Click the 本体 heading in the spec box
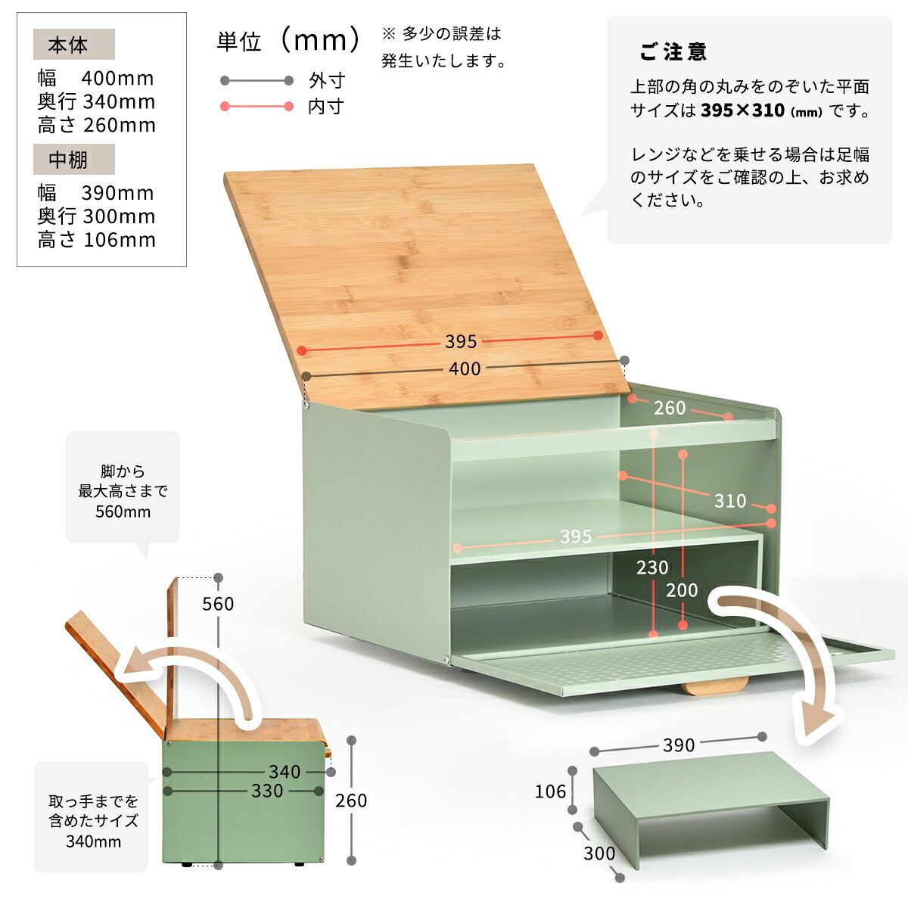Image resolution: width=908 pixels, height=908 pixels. tap(68, 45)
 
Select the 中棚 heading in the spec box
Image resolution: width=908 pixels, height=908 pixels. tap(68, 160)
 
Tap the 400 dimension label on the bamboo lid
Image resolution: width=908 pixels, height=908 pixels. tap(464, 368)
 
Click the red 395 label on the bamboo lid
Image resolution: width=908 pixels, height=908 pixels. tap(461, 341)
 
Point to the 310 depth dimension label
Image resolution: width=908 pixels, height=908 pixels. tap(730, 500)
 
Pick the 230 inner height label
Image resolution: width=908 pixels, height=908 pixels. tap(652, 567)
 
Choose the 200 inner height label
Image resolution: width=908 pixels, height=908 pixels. tap(681, 590)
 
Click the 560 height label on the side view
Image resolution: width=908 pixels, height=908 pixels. tap(218, 604)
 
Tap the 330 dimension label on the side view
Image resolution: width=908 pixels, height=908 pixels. tap(266, 791)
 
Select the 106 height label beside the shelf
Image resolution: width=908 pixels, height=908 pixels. tap(550, 791)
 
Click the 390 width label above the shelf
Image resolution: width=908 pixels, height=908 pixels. tap(679, 745)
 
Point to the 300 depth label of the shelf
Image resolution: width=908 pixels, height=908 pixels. tap(599, 854)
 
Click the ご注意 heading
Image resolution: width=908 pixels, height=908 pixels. tap(673, 51)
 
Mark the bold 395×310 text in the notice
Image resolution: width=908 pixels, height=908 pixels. tap(742, 110)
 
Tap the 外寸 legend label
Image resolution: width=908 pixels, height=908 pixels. tap(327, 80)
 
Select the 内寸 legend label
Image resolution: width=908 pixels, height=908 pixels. tap(326, 107)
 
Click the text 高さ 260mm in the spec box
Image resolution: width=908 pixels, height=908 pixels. tap(97, 125)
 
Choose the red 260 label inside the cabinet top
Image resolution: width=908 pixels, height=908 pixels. tap(669, 408)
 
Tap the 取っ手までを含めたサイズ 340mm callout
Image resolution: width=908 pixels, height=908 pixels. tap(93, 821)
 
